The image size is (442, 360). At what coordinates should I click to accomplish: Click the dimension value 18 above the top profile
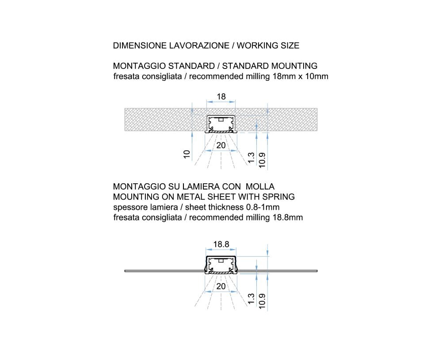point(221,96)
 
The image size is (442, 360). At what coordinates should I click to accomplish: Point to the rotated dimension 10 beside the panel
point(187,154)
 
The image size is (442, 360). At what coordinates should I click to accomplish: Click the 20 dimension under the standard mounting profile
point(221,145)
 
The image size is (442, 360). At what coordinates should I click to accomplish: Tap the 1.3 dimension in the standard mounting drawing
point(251,158)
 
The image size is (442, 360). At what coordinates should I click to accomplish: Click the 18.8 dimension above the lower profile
point(221,244)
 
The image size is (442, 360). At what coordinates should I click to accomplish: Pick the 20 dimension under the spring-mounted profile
point(221,286)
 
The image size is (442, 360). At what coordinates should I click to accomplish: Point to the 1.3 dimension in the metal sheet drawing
point(251,299)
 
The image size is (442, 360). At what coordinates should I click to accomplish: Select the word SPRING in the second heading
point(278,197)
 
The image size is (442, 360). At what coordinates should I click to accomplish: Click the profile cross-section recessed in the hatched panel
point(221,124)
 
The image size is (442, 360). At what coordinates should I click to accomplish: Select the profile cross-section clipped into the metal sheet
point(221,265)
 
